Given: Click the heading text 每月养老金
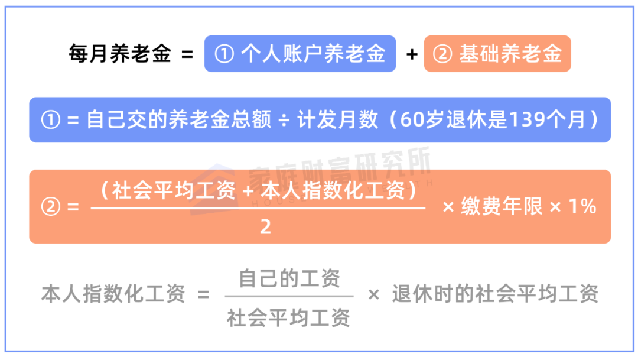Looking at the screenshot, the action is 120,54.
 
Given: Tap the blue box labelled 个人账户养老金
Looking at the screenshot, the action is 300,54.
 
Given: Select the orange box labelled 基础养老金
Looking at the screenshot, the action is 497,54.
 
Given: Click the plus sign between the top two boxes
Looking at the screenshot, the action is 412,55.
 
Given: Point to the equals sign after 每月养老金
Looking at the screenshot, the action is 187,55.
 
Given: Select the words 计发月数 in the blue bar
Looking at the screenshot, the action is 337,120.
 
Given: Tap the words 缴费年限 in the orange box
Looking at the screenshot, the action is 501,206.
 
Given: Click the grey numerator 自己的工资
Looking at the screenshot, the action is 289,278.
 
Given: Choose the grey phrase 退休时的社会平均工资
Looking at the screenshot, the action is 495,294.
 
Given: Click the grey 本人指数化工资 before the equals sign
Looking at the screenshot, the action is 113,294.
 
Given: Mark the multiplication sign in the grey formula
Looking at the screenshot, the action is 373,294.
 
